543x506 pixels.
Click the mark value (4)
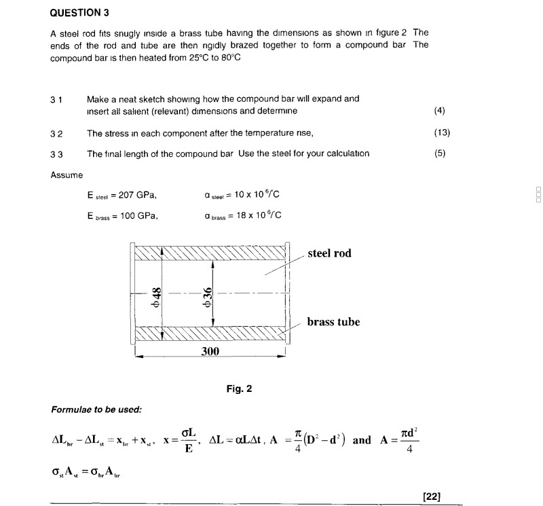438,111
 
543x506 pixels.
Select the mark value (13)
441,132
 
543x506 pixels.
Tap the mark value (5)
441,153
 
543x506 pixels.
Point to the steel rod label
330,253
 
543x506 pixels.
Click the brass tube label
333,322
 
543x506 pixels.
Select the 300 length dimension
210,351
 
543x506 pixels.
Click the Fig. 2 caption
240,389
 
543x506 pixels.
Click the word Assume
67,175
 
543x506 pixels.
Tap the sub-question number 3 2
56,132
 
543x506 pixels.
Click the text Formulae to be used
96,410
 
